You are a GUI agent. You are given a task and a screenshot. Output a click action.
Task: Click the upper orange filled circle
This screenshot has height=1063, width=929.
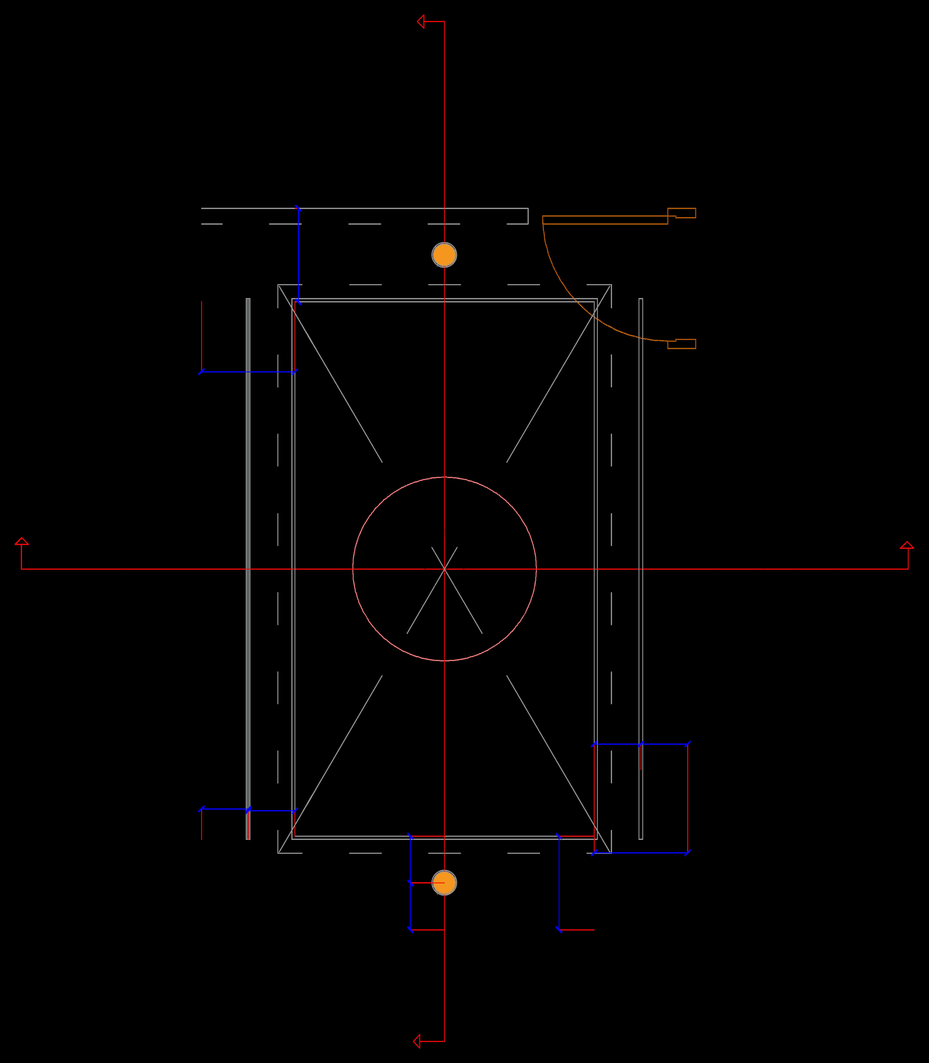click(444, 255)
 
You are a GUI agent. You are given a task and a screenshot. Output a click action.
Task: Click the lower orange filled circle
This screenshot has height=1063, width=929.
click(444, 883)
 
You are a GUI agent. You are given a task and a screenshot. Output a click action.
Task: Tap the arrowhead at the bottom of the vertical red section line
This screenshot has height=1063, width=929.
click(417, 1041)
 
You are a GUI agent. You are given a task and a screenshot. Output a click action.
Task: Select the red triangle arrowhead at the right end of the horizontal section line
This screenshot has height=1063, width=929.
click(907, 545)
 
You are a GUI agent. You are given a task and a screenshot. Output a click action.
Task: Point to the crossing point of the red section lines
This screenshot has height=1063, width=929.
click(444, 569)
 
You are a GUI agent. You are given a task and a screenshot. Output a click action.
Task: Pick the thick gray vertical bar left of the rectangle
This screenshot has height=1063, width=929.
click(248, 518)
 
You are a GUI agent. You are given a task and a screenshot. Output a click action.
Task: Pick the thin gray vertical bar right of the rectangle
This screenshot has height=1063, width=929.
click(641, 518)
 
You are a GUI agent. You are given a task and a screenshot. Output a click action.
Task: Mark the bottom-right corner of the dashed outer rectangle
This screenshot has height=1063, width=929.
click(611, 853)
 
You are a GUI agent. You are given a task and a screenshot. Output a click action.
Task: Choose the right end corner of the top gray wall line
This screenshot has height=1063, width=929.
click(528, 209)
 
